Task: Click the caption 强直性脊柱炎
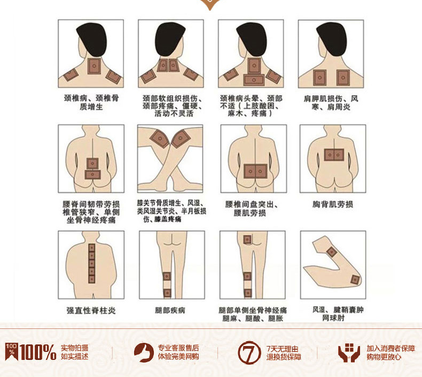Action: pos(91,311)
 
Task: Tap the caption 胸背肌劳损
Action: pos(333,205)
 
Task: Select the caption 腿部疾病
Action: pos(170,310)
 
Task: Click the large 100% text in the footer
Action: pos(37,352)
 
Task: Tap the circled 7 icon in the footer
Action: pos(249,352)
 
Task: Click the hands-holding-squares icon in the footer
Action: pos(349,352)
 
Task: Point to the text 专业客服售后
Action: pos(178,348)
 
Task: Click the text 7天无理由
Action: pos(283,349)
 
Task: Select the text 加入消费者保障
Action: pos(390,349)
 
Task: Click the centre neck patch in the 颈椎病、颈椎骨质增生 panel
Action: pos(94,66)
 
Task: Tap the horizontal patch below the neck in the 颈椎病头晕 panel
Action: pos(254,80)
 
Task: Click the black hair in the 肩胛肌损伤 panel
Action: pos(330,38)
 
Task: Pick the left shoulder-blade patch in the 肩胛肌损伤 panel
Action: pos(320,78)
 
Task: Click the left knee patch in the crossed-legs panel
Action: pos(160,138)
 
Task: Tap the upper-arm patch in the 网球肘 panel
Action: pos(332,252)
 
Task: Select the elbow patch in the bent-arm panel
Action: pos(355,280)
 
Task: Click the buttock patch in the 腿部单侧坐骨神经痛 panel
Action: pos(247,239)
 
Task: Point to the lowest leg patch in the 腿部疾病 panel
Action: pos(167,293)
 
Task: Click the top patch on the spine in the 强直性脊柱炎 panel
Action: pos(92,248)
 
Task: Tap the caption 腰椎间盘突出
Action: pos(252,205)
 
